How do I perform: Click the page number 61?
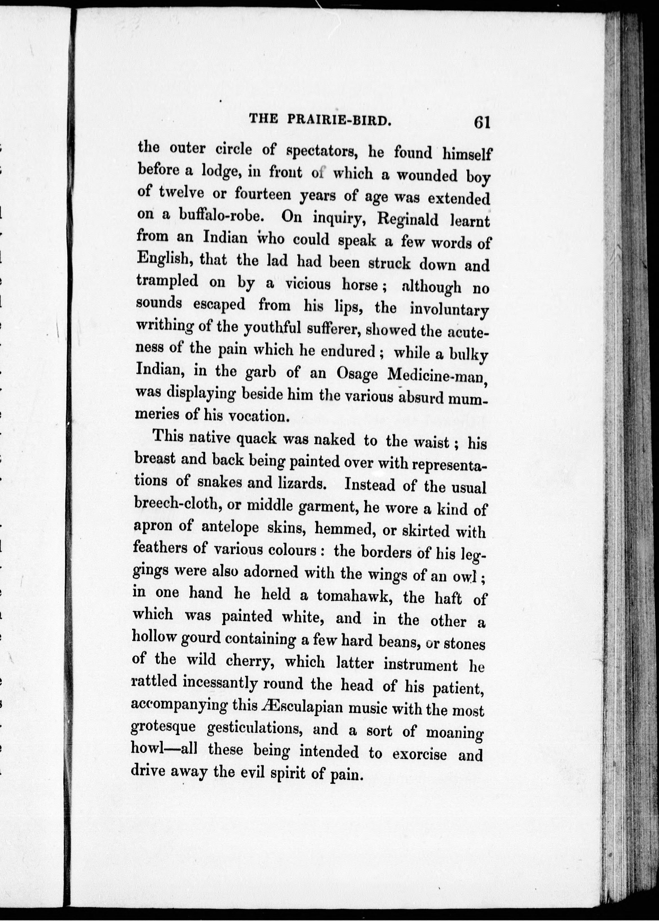coord(481,122)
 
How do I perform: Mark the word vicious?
coord(308,284)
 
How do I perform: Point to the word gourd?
coord(201,639)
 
